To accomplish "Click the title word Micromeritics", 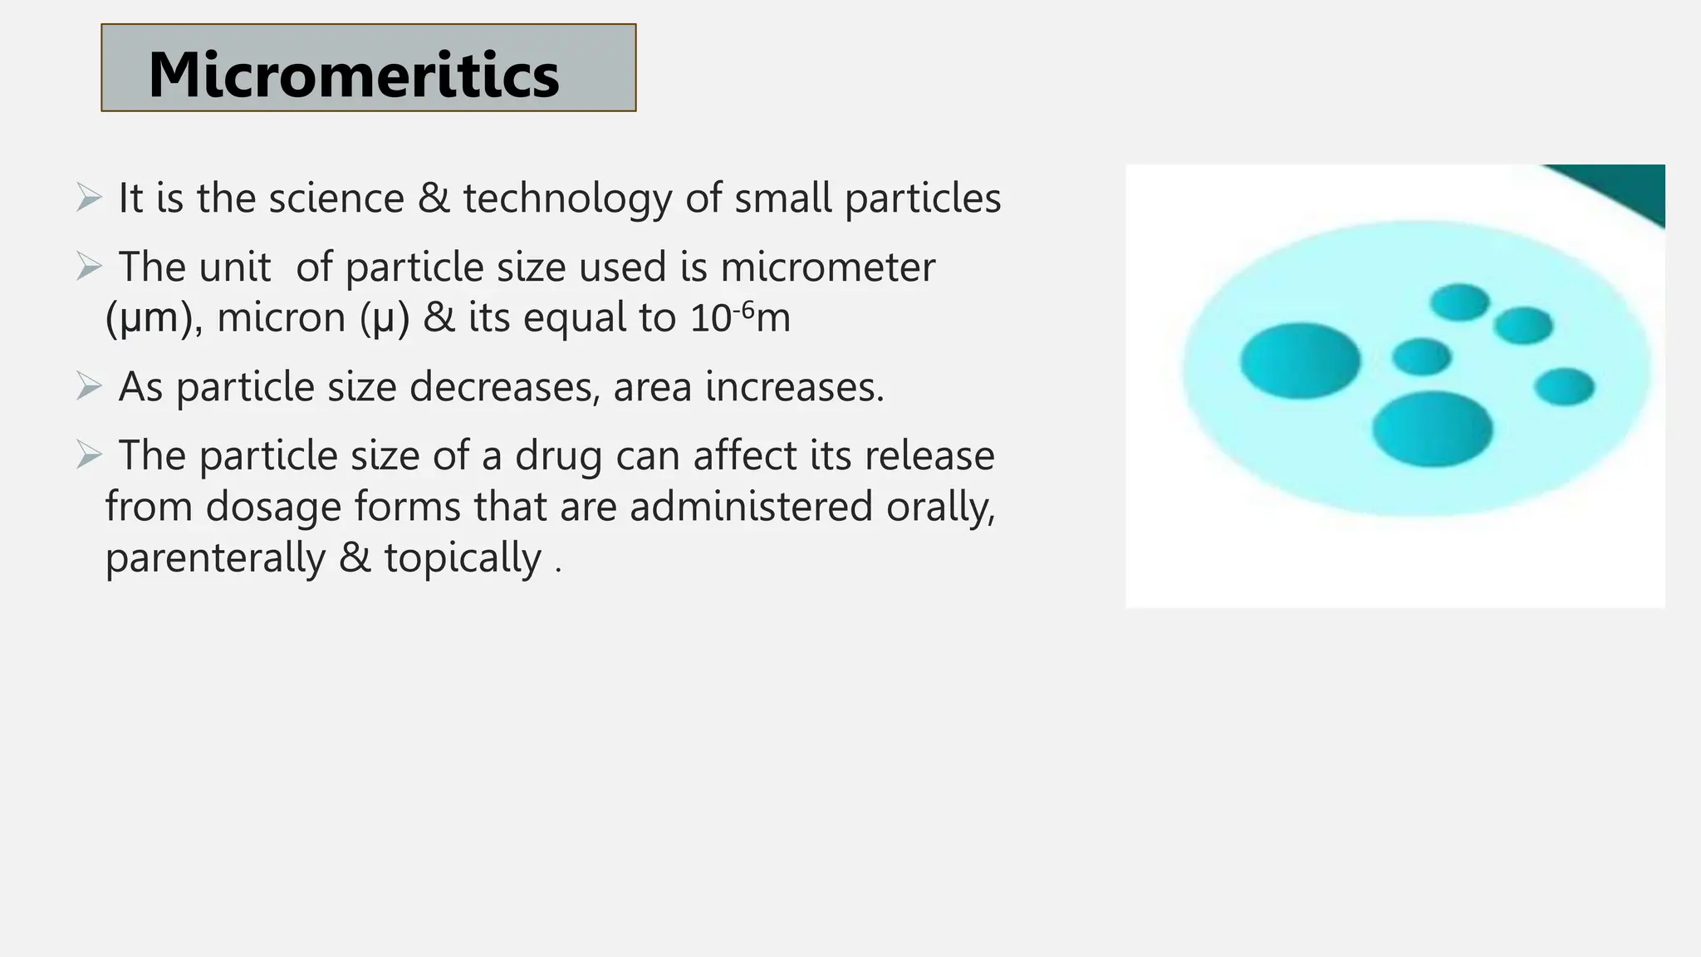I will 354,75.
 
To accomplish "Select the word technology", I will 567,199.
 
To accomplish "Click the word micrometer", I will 827,267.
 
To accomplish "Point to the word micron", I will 281,318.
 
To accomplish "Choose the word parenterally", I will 215,557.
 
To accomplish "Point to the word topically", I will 463,557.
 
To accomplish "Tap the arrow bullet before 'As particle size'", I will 88,386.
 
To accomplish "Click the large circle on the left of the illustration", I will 1300,361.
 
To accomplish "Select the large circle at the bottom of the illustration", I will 1432,429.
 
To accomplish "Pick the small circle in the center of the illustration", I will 1421,357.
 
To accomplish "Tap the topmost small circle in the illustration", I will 1459,302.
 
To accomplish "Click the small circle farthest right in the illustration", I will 1564,387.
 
